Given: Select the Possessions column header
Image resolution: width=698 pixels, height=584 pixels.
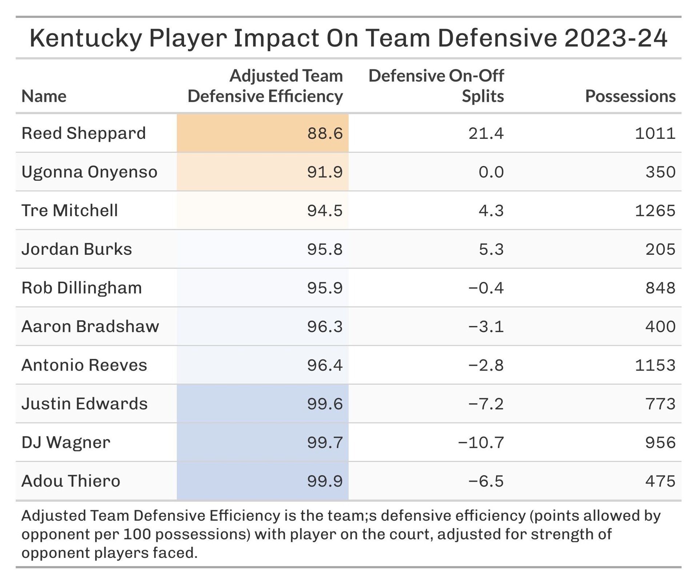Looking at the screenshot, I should (x=630, y=96).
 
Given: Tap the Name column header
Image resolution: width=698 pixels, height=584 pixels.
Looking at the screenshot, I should (x=44, y=96).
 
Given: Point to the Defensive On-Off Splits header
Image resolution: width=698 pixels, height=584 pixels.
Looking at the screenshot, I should (x=436, y=86).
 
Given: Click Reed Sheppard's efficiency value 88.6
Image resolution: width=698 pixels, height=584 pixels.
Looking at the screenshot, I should (x=325, y=133).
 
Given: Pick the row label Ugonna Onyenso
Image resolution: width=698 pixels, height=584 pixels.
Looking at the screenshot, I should (x=89, y=172).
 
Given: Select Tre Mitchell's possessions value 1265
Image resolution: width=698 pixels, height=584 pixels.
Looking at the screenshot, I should (x=655, y=211).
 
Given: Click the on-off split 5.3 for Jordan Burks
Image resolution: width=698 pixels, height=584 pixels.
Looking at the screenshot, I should (x=491, y=249).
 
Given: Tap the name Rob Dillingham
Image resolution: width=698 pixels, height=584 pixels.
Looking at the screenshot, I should (x=82, y=288).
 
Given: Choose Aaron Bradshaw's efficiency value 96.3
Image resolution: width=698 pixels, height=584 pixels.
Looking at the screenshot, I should (x=325, y=326).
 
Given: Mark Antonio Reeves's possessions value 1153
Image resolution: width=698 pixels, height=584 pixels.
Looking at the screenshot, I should (x=655, y=365).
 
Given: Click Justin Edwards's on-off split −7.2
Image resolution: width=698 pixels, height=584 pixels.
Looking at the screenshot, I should (x=486, y=404).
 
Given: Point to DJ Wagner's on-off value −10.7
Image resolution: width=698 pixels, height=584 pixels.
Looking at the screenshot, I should (x=481, y=443).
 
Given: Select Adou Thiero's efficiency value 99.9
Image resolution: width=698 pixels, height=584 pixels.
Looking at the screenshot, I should (x=325, y=481).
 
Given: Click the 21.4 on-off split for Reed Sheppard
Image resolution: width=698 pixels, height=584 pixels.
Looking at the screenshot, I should (x=486, y=133).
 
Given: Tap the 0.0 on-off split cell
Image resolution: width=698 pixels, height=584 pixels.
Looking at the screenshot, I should (x=491, y=172).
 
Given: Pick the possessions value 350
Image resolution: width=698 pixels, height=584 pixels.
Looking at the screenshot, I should (x=660, y=172).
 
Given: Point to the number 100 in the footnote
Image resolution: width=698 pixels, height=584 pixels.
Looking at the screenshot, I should (x=137, y=534).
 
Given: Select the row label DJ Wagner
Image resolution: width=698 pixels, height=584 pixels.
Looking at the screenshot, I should (x=66, y=443).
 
